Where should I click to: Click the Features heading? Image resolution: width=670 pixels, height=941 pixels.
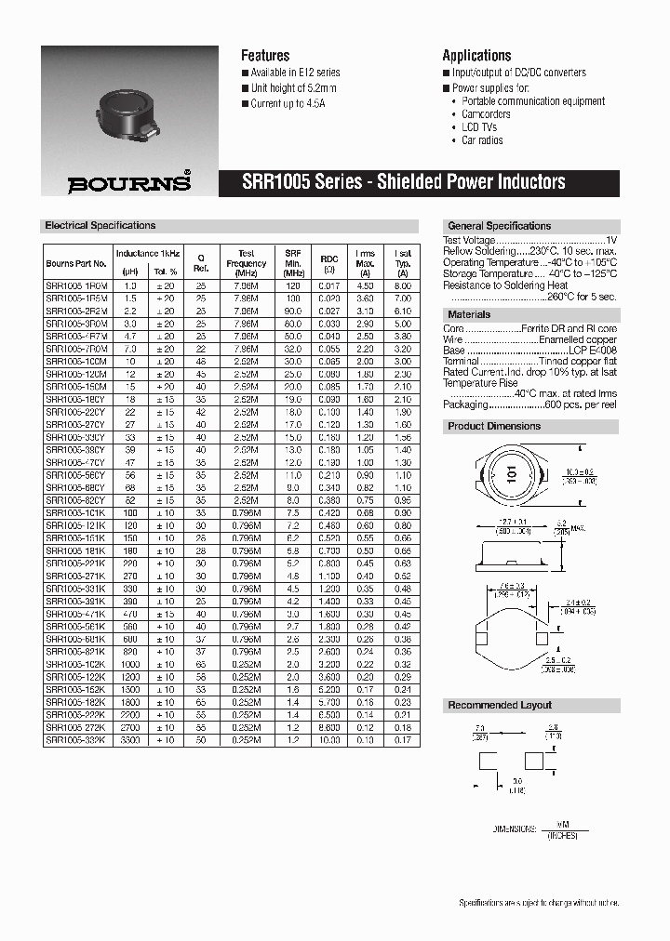coord(265,56)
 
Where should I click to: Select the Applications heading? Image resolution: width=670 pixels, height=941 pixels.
coord(476,56)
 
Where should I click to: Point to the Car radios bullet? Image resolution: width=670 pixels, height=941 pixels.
coord(482,140)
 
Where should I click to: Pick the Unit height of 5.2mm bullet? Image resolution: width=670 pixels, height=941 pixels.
coord(293,88)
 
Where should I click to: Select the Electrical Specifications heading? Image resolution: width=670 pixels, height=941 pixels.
coord(100,226)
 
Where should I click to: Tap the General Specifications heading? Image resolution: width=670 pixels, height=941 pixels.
coord(500,226)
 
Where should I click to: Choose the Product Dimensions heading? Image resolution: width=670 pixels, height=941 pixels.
coord(494,426)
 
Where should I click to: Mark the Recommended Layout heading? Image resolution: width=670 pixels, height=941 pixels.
coord(500,705)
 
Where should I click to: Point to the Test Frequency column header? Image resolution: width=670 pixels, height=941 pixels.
coord(246,263)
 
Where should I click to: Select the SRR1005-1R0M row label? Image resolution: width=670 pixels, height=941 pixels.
coord(76,286)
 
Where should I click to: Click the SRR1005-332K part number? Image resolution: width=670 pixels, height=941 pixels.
coord(76,740)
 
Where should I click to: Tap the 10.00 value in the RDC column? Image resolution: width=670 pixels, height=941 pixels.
coord(329,740)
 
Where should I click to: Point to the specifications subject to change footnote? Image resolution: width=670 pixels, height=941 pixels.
coord(539,903)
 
